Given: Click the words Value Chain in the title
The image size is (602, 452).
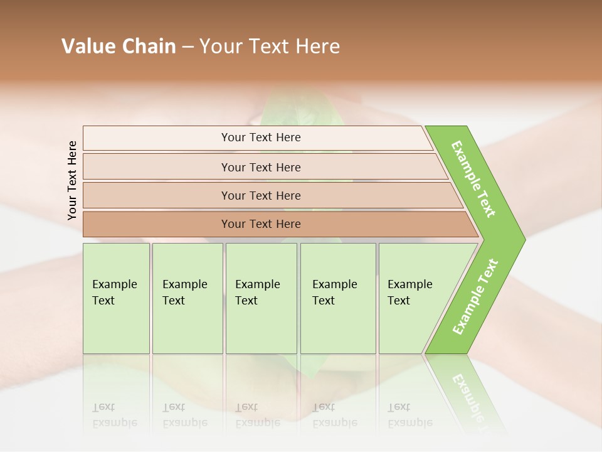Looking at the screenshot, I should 119,46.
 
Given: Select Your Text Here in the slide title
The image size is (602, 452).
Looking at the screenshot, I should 270,46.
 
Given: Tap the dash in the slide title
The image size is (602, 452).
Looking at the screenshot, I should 187,47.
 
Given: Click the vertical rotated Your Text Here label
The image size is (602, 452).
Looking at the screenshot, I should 72,180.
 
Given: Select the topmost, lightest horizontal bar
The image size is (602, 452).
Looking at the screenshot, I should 260,137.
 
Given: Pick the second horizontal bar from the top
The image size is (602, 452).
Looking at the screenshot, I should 260,167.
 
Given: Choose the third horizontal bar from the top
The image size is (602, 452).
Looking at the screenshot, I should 260,195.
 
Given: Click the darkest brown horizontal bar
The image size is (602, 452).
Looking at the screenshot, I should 260,224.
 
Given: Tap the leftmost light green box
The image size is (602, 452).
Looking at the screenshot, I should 116,298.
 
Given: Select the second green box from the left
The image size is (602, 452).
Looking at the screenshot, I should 187,298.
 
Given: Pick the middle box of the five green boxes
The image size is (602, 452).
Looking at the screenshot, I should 261,298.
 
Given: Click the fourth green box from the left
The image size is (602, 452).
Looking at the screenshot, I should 338,298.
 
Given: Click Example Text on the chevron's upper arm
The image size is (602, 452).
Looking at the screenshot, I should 473,179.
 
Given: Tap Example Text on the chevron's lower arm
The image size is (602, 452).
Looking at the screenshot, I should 475,296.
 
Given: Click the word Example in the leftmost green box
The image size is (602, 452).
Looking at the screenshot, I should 114,284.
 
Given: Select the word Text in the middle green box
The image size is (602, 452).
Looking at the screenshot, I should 246,301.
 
